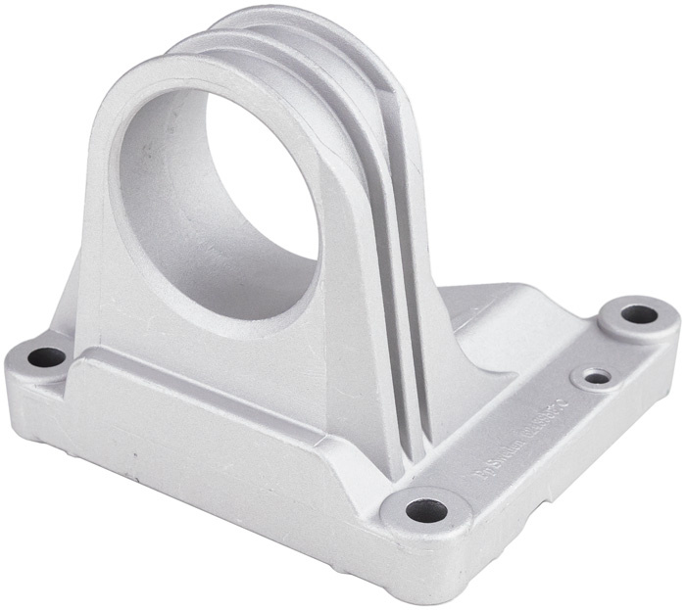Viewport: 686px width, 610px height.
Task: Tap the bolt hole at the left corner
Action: pyautogui.click(x=45, y=357)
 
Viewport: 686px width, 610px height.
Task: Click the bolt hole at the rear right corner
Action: pyautogui.click(x=640, y=314)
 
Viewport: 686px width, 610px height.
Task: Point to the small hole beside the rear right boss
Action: pyautogui.click(x=595, y=376)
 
